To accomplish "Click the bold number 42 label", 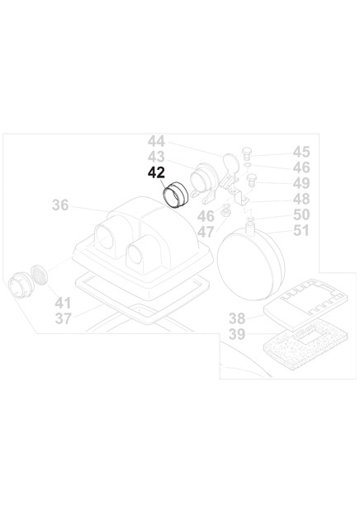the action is point(156,172).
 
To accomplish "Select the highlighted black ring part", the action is point(175,195).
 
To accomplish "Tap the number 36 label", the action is point(60,205).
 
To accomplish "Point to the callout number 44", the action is point(156,141).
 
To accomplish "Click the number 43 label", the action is point(156,157).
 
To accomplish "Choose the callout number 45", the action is point(301,152).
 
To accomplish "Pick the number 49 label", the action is point(301,183).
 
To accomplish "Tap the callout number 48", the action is point(301,199).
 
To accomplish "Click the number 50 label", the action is point(301,214).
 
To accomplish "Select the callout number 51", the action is point(301,231).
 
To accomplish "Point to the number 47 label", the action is point(206,232).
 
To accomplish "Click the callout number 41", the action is point(63,303).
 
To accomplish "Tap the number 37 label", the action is point(63,318).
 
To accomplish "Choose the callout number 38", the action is point(238,318).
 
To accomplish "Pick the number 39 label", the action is point(238,334).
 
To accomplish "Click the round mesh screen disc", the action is point(39,275).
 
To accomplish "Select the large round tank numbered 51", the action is point(251,263).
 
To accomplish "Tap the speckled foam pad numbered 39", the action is point(304,348).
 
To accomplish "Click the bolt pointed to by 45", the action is point(247,153).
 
